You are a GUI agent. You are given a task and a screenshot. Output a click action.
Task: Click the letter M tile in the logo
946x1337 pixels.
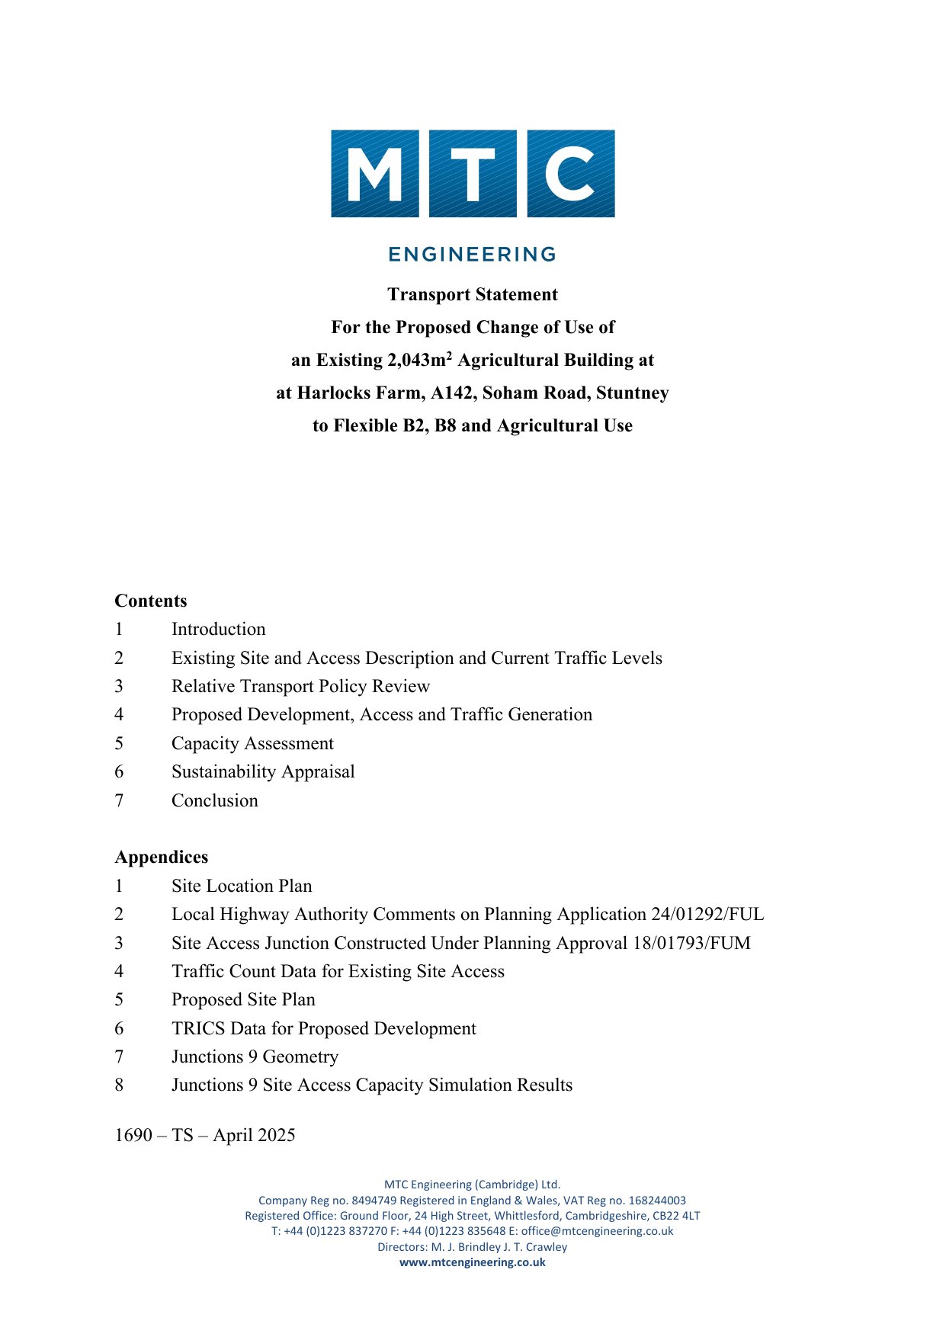click(x=374, y=174)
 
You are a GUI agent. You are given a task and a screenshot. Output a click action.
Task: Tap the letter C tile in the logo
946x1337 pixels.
click(x=571, y=174)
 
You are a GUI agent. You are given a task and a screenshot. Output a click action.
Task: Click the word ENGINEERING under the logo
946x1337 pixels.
click(x=473, y=255)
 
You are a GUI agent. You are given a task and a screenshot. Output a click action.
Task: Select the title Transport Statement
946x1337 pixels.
click(x=473, y=295)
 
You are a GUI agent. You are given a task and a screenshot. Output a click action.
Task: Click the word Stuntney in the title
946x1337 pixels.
click(x=633, y=393)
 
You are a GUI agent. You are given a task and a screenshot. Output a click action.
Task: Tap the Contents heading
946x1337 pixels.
click(x=151, y=601)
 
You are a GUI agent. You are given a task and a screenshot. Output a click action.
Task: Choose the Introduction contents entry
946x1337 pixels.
click(x=219, y=630)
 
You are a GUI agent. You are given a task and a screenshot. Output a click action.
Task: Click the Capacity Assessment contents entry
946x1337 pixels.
click(x=252, y=744)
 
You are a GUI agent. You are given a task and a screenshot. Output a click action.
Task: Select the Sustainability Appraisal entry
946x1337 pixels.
click(x=263, y=772)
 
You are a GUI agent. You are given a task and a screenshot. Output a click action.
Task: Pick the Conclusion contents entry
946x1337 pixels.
click(x=215, y=801)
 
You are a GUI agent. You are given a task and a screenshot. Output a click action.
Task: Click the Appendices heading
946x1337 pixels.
click(x=162, y=858)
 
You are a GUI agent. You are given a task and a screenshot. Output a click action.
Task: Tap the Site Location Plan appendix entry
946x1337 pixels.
click(x=242, y=887)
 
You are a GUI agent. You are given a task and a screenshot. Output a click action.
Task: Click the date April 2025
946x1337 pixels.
click(x=254, y=1136)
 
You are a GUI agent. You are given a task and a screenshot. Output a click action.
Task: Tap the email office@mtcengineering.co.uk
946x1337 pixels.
click(x=598, y=1231)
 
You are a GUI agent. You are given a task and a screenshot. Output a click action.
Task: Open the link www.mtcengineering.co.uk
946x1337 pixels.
click(x=473, y=1262)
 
